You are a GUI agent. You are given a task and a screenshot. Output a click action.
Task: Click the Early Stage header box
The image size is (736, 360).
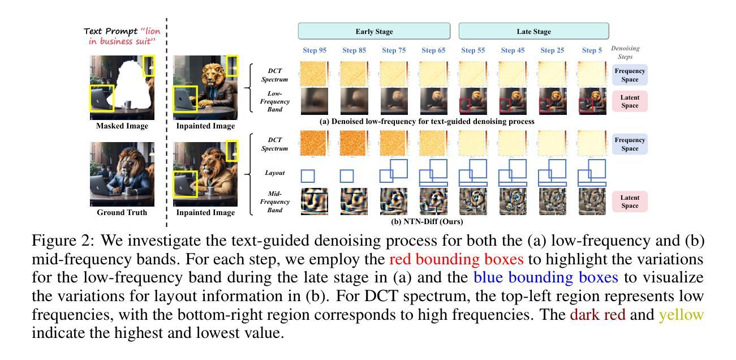(x=374, y=31)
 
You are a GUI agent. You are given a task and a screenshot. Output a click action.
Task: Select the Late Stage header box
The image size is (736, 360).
(x=533, y=31)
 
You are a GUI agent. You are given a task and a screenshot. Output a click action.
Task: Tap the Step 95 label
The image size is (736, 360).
(x=315, y=50)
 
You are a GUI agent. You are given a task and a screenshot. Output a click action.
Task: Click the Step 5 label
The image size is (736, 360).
(x=592, y=50)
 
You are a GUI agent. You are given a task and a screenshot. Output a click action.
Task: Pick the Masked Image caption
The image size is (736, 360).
(x=122, y=126)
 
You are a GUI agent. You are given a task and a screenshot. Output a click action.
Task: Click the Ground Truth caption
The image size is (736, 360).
(x=122, y=212)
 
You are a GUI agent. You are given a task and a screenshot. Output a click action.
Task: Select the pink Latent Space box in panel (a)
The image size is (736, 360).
(x=630, y=101)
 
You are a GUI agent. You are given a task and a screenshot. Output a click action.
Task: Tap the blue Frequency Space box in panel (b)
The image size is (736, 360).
(x=630, y=144)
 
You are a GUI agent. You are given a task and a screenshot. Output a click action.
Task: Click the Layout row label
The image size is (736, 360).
(x=275, y=173)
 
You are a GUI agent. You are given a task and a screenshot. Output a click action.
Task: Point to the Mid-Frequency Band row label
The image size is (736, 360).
(x=275, y=202)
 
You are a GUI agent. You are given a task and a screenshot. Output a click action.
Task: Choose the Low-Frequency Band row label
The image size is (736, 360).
(x=275, y=101)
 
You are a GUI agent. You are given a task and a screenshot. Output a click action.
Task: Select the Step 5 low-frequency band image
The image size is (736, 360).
(x=592, y=101)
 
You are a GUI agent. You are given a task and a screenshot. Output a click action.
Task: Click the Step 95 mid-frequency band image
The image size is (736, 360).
(x=315, y=202)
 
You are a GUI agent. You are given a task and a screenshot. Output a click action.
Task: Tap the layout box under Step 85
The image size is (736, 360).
(x=347, y=175)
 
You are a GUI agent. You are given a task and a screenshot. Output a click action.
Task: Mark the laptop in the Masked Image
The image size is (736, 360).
(x=102, y=98)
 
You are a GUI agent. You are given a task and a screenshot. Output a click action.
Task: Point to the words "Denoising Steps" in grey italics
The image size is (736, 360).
(x=625, y=53)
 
